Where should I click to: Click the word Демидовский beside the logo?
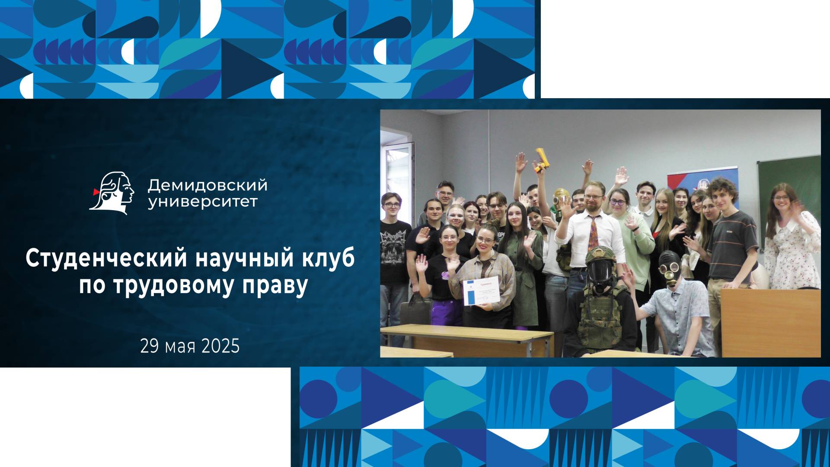[x=207, y=186]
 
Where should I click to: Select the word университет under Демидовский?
[x=203, y=202]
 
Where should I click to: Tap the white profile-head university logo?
[x=112, y=193]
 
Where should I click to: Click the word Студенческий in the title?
[x=106, y=259]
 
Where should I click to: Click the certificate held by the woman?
[x=481, y=291]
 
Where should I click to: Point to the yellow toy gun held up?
[x=542, y=160]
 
